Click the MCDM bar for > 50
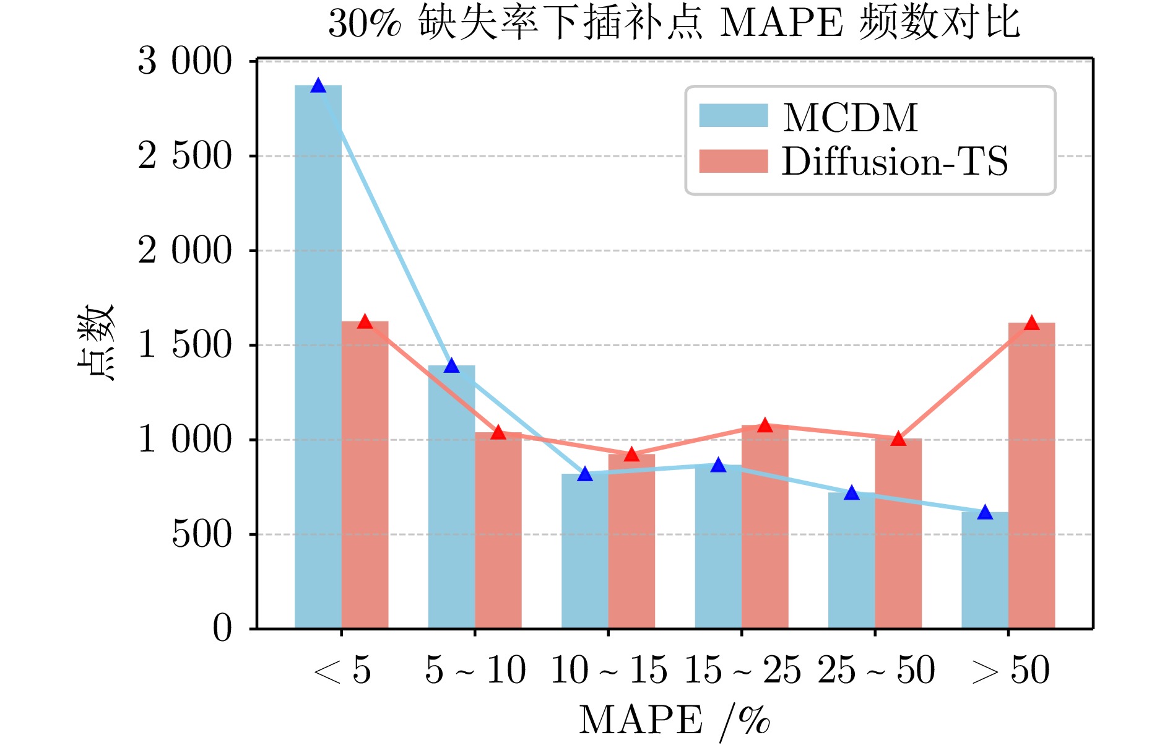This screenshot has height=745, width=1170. click(984, 570)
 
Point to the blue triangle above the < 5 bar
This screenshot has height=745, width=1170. click(318, 85)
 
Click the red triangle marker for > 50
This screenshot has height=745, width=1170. click(1031, 323)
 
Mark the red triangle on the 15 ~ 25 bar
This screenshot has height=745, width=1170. click(765, 425)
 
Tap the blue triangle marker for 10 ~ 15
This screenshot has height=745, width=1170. click(585, 474)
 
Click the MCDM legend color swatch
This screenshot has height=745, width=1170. click(733, 116)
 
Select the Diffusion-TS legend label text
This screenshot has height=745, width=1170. click(895, 162)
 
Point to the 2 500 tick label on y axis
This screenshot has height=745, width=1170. click(184, 156)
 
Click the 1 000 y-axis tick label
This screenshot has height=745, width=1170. click(184, 440)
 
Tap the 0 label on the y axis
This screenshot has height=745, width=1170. click(222, 629)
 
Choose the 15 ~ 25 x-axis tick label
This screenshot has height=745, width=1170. click(742, 671)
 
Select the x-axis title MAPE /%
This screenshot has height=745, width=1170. click(674, 720)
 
